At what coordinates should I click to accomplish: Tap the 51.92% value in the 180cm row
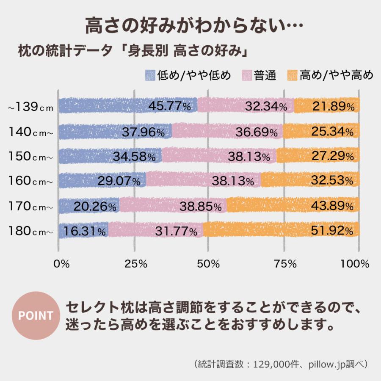tap(332, 232)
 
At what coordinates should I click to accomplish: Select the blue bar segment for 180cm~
tap(83, 231)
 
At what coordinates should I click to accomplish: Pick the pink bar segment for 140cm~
tap(227, 132)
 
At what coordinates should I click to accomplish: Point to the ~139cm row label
tap(31, 108)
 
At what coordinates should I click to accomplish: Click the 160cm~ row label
tap(31, 182)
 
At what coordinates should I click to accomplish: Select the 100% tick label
tap(355, 264)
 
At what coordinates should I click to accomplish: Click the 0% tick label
tap(61, 264)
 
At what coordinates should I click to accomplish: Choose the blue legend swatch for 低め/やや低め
tap(150, 75)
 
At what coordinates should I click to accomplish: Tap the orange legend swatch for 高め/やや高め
tap(293, 75)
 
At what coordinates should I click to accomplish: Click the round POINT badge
tap(36, 315)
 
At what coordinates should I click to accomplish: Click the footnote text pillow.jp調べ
tap(334, 364)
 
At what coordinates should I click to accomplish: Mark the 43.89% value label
tap(332, 207)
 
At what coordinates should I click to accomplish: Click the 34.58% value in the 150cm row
tap(134, 157)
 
